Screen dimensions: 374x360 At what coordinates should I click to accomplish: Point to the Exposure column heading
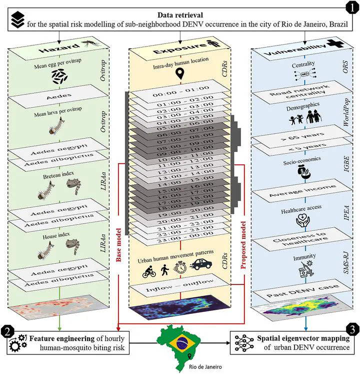(x=177, y=51)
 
